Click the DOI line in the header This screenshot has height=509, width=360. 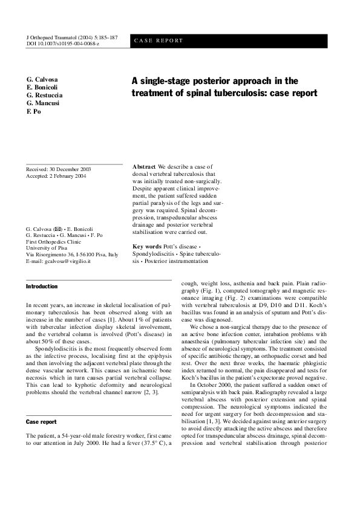pos(63,44)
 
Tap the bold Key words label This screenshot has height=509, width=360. pos(147,247)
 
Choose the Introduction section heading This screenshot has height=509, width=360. pos(42,286)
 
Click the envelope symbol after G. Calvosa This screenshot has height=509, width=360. pos(58,230)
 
